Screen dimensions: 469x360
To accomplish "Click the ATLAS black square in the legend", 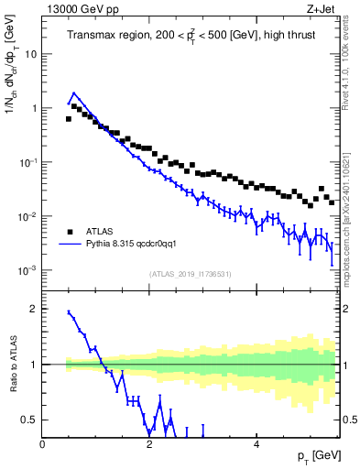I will click(x=70, y=232).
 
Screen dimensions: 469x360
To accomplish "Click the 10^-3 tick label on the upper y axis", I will click(x=28, y=270).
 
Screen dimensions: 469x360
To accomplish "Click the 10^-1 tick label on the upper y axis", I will click(x=28, y=162).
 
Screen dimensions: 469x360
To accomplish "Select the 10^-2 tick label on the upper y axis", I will click(x=28, y=216).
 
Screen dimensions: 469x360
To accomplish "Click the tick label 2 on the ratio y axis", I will click(x=34, y=309).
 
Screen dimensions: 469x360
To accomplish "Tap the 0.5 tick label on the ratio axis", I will click(x=30, y=420).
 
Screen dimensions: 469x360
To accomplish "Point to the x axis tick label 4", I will click(x=256, y=444).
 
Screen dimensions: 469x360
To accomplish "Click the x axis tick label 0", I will click(x=43, y=444).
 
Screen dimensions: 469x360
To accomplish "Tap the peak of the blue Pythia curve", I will click(x=74, y=93).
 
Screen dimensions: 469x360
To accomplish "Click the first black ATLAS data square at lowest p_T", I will click(x=69, y=118).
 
